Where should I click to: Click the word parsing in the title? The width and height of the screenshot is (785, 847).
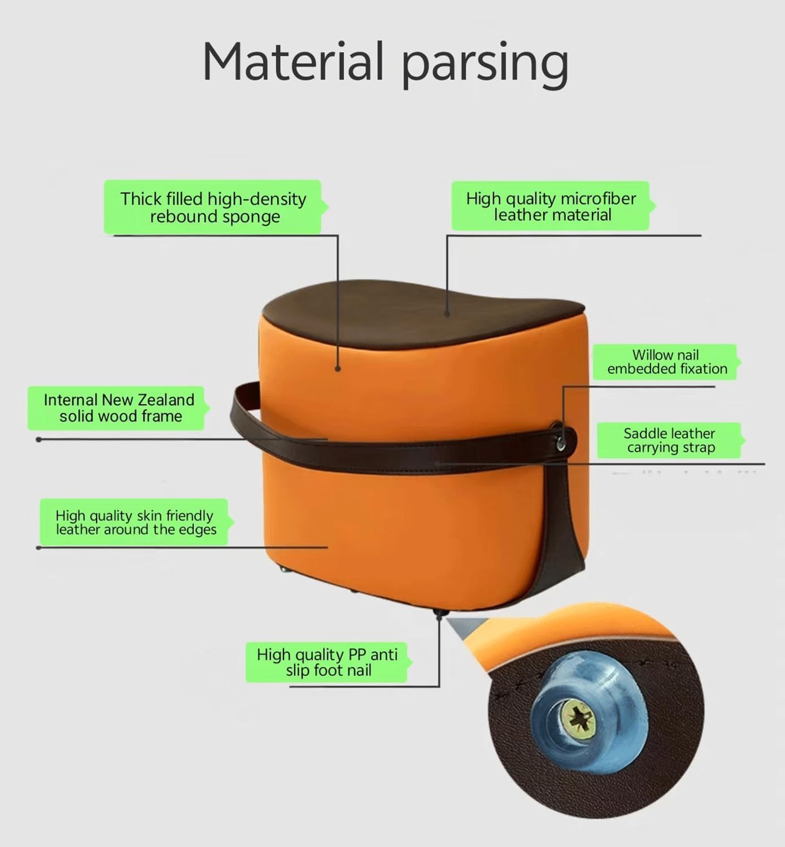tap(484, 63)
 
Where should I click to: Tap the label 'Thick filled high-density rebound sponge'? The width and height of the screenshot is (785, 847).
tap(213, 207)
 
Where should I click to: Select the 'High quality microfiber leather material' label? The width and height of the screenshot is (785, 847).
tap(551, 206)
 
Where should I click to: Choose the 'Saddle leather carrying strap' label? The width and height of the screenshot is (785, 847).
tap(669, 440)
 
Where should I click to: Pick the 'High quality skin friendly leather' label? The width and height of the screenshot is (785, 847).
tap(134, 522)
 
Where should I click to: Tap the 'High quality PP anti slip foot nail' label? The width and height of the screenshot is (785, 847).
tap(327, 662)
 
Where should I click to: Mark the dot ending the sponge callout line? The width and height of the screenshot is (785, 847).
tap(338, 369)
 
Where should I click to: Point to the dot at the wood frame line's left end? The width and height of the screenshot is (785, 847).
tap(38, 439)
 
